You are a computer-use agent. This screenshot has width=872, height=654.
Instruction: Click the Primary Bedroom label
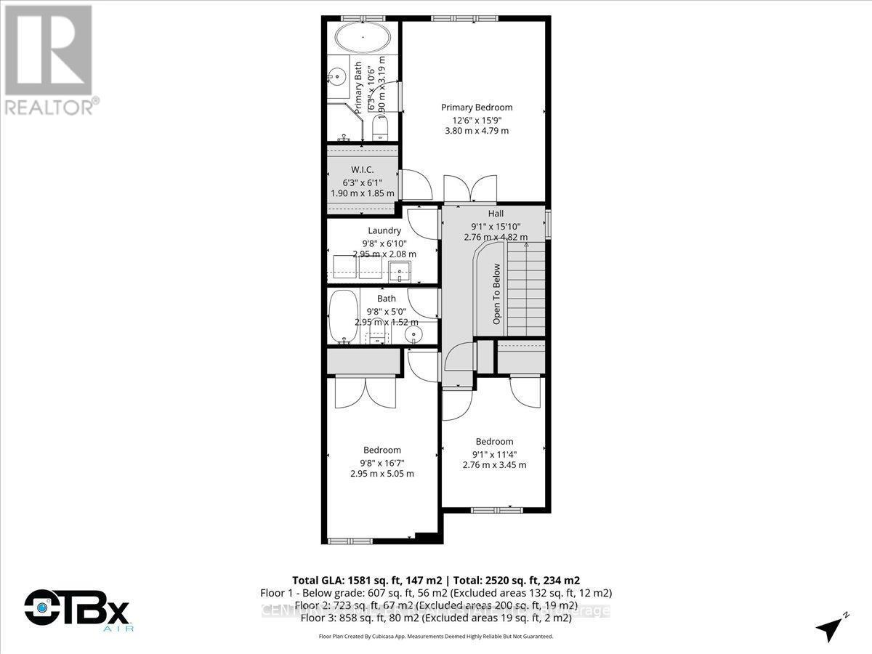(x=477, y=108)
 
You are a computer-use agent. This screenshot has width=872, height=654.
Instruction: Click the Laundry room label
(x=384, y=230)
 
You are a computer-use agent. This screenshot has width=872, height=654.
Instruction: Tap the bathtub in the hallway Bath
(x=342, y=318)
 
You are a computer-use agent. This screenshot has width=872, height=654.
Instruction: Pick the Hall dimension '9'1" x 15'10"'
(x=496, y=225)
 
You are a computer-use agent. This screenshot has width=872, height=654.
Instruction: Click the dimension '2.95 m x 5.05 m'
(x=382, y=474)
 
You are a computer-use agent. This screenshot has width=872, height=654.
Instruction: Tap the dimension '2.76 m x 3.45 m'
(x=494, y=465)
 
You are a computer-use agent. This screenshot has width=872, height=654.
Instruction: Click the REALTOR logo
(x=49, y=58)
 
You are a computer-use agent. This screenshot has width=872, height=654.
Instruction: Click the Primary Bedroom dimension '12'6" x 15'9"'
(x=477, y=119)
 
